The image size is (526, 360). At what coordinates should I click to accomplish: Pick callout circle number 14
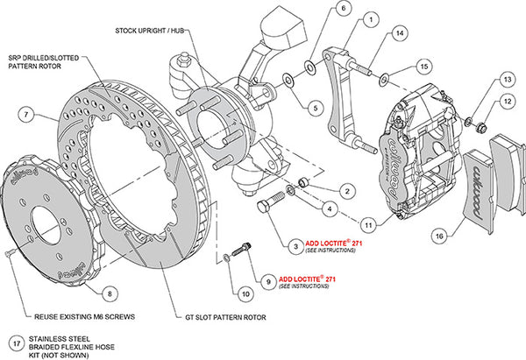[x=399, y=33]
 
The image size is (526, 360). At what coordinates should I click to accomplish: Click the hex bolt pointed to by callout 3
[x=271, y=208]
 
